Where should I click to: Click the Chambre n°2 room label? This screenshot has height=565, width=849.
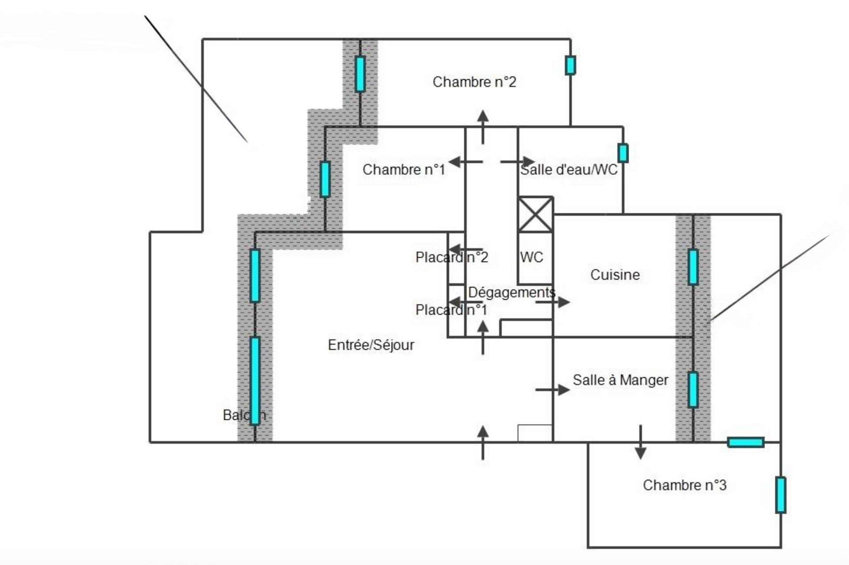click(474, 82)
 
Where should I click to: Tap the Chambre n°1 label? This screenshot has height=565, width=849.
click(403, 169)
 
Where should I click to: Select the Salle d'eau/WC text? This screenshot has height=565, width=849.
click(569, 169)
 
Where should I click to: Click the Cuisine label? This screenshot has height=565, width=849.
click(615, 275)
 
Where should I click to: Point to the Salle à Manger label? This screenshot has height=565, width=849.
click(620, 380)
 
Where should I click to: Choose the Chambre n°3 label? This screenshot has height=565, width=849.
click(684, 485)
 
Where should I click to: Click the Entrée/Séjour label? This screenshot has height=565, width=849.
click(371, 345)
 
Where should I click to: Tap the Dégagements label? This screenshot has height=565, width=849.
click(511, 292)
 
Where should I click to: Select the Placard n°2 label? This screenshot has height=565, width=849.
click(451, 257)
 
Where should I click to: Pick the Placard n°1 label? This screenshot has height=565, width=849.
click(451, 310)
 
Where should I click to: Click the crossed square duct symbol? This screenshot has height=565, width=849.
click(535, 215)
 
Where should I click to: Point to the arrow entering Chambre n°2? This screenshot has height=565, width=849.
click(483, 127)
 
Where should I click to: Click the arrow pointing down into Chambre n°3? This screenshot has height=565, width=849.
click(640, 442)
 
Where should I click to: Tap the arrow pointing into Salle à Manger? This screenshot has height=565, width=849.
click(553, 390)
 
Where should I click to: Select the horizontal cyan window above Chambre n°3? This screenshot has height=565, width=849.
click(746, 442)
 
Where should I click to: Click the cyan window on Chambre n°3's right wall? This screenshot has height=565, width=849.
click(780, 495)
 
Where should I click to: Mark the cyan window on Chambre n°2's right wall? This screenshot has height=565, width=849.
click(570, 65)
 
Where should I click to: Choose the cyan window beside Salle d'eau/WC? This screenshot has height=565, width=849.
click(623, 153)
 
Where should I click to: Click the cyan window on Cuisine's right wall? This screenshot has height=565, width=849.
click(693, 267)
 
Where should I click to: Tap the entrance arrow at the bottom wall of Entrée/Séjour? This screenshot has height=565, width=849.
click(483, 442)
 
